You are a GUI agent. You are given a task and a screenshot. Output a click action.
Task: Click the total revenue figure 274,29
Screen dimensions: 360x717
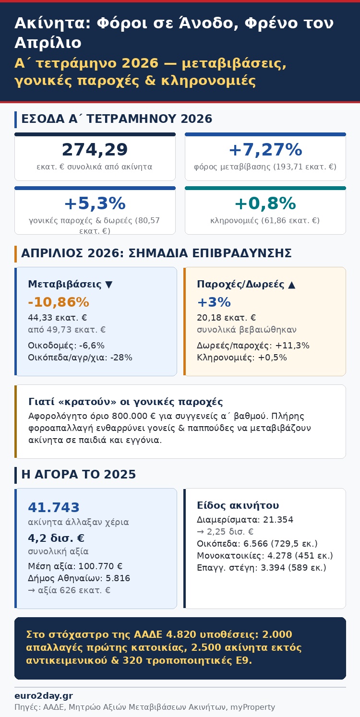click(95, 149)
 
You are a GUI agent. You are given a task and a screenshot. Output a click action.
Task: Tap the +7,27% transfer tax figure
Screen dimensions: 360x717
click(265, 149)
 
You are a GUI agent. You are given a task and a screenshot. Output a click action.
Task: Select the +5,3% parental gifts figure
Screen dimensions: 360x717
click(95, 203)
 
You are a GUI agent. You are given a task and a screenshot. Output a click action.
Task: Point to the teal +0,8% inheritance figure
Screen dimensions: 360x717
click(265, 203)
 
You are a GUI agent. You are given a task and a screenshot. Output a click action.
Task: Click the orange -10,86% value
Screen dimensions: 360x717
click(59, 302)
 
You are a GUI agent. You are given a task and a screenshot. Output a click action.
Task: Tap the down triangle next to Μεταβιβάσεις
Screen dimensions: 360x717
click(109, 285)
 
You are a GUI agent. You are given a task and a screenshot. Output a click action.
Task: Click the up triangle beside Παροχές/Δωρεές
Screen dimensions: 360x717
click(291, 285)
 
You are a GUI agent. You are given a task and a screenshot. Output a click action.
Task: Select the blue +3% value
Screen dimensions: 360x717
click(214, 302)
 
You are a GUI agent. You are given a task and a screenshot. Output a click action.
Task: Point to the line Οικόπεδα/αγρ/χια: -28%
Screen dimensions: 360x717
click(80, 358)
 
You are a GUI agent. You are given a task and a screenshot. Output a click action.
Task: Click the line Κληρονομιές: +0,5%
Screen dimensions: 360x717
click(242, 358)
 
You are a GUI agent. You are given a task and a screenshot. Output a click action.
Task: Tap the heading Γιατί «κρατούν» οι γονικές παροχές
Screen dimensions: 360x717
click(126, 402)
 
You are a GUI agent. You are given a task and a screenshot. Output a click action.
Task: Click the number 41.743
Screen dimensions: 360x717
click(54, 507)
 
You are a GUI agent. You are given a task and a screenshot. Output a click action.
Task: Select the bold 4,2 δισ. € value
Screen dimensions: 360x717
click(56, 538)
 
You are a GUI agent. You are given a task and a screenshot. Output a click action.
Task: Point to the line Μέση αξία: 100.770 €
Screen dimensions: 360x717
click(75, 566)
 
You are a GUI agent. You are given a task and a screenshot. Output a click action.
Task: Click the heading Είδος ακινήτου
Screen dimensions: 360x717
click(238, 505)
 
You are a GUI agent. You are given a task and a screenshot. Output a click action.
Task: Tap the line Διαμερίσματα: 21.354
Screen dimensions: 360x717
click(245, 519)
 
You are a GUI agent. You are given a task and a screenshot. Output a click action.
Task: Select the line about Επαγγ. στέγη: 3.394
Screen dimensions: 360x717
click(262, 568)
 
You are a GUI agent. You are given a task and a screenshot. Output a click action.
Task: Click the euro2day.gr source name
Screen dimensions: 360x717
click(44, 696)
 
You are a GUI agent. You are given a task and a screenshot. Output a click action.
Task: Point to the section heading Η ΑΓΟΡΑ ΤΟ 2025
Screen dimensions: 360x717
click(78, 474)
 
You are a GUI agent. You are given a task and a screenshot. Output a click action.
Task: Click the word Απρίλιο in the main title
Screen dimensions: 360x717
click(48, 43)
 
